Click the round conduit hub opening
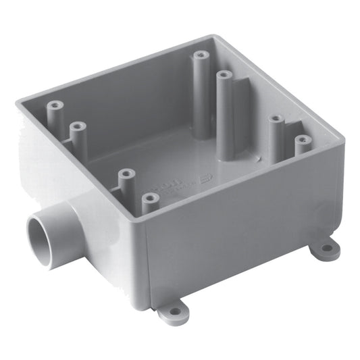click(40, 236)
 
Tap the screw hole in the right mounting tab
click(326, 248)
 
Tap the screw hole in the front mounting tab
click(174, 311)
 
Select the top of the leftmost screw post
click(55, 106)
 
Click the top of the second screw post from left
click(78, 126)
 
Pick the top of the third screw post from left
click(126, 174)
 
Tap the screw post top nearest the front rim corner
click(150, 199)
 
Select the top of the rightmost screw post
click(302, 140)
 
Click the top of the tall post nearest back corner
click(201, 56)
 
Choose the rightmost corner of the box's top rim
click(342, 141)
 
